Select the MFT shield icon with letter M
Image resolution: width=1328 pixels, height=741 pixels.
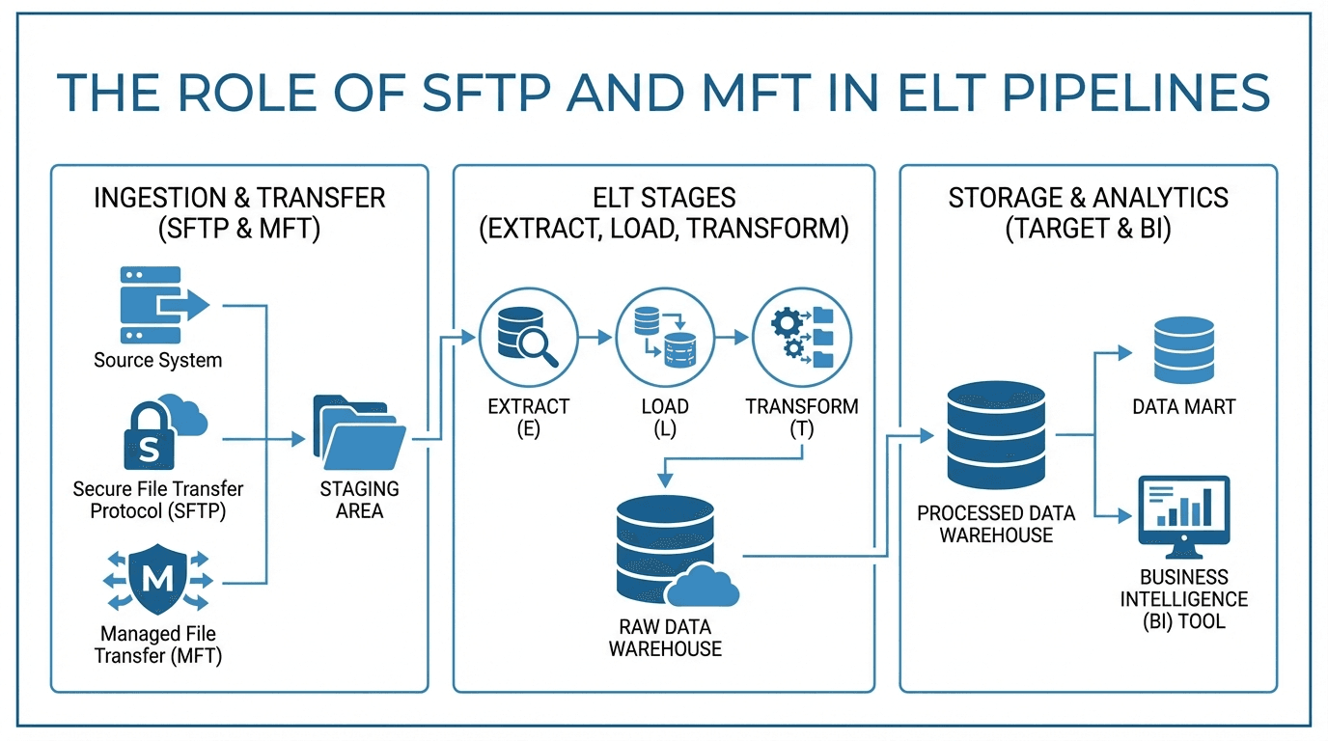click(157, 580)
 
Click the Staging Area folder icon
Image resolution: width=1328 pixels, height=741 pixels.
click(359, 430)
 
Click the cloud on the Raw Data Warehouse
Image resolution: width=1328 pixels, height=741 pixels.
click(702, 585)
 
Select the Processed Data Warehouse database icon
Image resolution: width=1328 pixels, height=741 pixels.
click(995, 435)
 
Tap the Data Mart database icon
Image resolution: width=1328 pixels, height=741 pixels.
click(1183, 352)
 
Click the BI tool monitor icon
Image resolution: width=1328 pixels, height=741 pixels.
click(1183, 516)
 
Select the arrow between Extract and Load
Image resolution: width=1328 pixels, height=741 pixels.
click(595, 337)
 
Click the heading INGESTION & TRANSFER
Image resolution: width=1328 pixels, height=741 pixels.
click(239, 198)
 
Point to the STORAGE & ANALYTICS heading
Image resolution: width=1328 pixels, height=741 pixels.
click(1088, 198)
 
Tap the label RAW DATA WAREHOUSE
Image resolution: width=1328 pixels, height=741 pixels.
click(664, 638)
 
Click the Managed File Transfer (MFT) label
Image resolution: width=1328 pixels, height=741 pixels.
click(157, 645)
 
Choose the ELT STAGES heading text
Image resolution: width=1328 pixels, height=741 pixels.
click(664, 198)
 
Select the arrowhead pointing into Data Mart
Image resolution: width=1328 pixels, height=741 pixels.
click(1124, 353)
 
